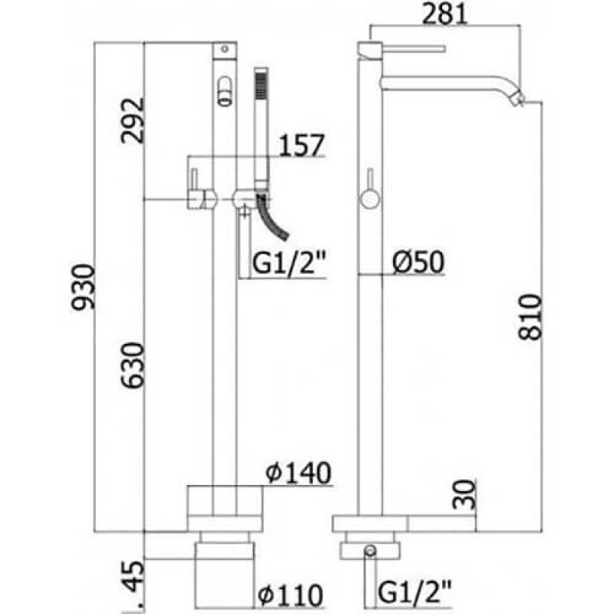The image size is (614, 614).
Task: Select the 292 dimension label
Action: [x=131, y=120]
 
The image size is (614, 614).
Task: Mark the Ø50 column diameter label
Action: [x=418, y=262]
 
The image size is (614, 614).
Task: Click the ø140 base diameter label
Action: [x=297, y=474]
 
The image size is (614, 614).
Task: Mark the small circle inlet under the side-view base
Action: [x=370, y=550]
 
